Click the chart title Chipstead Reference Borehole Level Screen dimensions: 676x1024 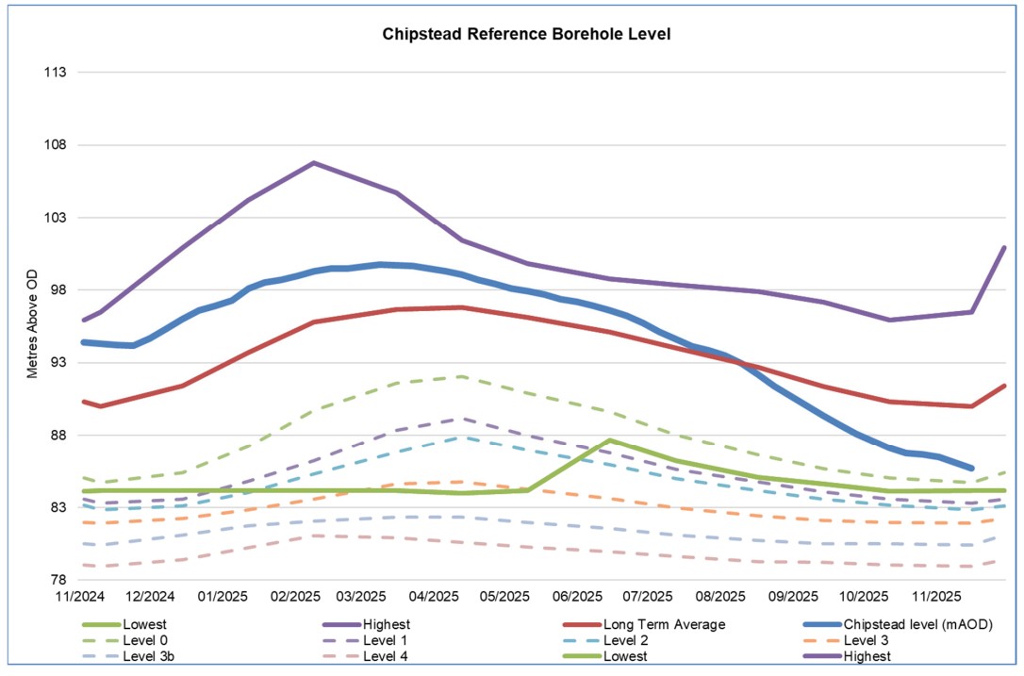click(526, 34)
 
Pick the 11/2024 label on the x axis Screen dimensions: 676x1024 click(78, 598)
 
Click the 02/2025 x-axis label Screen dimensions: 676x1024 click(294, 598)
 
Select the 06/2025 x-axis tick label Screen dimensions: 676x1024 click(577, 598)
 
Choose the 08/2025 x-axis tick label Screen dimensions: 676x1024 click(719, 598)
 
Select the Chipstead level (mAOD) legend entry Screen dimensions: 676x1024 click(918, 624)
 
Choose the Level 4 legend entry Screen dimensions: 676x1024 click(388, 655)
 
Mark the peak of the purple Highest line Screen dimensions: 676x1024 click(314, 163)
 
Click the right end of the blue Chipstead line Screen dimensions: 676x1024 click(971, 468)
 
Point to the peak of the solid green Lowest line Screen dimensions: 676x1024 click(611, 440)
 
